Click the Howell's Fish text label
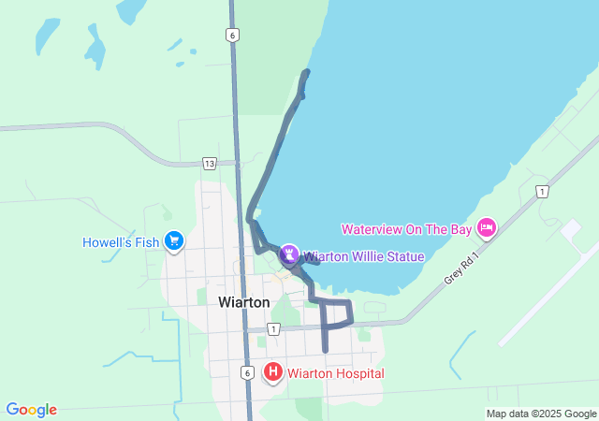tap(121, 242)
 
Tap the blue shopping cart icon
tap(173, 241)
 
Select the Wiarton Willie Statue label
tap(363, 256)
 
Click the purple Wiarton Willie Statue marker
tap(290, 254)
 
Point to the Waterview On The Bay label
tap(407, 228)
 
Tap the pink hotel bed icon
tap(486, 227)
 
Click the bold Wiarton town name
tap(243, 302)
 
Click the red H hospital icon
tap(273, 372)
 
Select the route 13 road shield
tap(209, 164)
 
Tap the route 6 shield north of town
tap(232, 36)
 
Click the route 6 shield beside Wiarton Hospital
tap(245, 372)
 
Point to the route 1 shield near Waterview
tap(541, 192)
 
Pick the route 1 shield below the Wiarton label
tap(272, 329)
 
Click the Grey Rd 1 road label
tap(461, 268)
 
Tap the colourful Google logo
tap(31, 410)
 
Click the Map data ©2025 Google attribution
tap(540, 414)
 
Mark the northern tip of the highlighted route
tap(306, 72)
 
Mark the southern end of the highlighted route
tap(325, 350)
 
